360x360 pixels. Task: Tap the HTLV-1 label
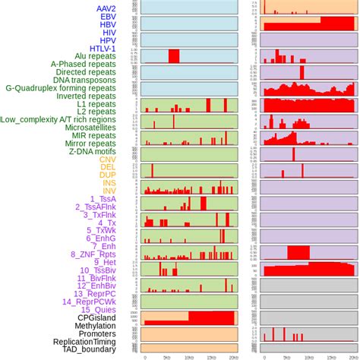click(x=114, y=48)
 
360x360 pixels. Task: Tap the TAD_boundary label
click(x=99, y=350)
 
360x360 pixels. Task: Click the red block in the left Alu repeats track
click(x=174, y=56)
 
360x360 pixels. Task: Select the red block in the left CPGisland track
click(x=213, y=317)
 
